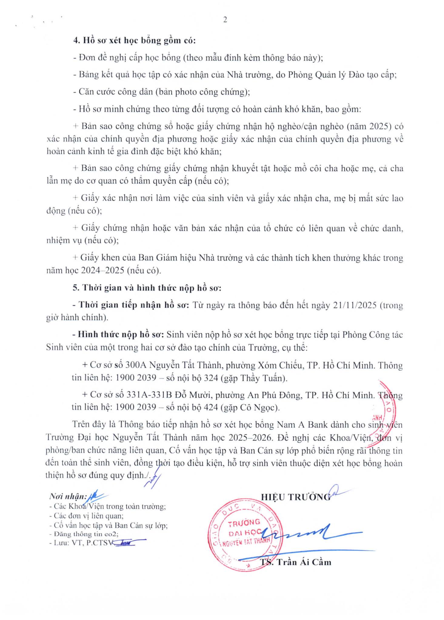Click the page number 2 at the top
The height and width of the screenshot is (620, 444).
tap(225, 20)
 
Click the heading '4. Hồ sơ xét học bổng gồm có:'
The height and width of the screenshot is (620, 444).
tap(135, 41)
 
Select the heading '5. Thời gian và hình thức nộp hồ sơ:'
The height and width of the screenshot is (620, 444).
tap(147, 288)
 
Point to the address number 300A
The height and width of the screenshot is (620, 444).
tap(136, 365)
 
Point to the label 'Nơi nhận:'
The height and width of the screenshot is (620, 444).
tap(68, 497)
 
